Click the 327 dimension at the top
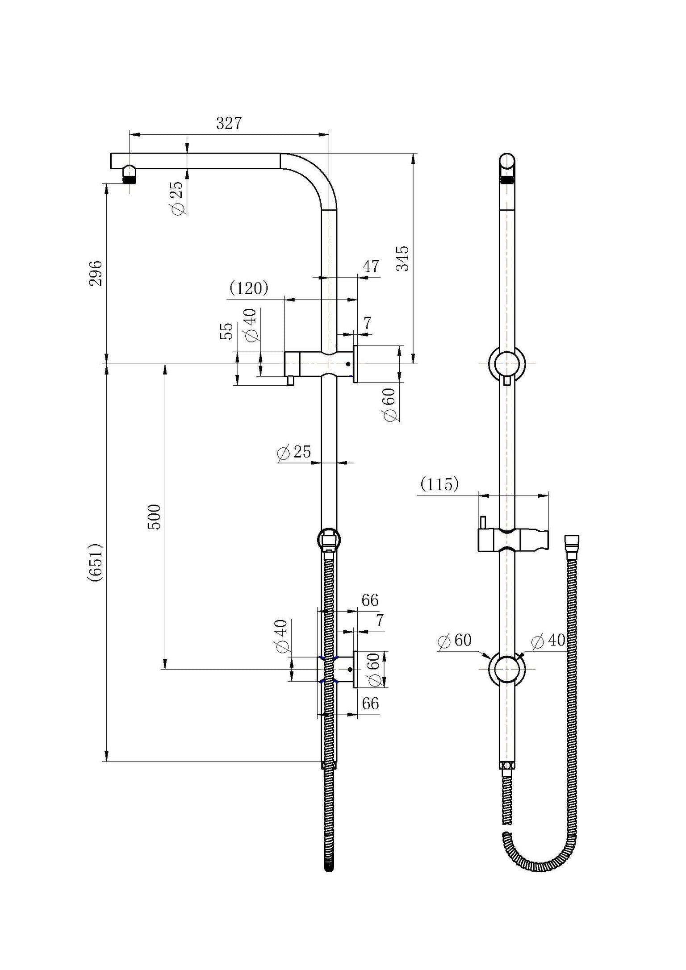(x=229, y=123)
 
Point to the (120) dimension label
(x=249, y=288)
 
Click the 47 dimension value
(x=371, y=266)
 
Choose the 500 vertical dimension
(x=154, y=516)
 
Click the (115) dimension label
(x=439, y=484)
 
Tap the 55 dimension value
(x=227, y=331)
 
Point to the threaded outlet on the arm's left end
(x=129, y=179)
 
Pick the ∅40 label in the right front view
(x=548, y=641)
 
